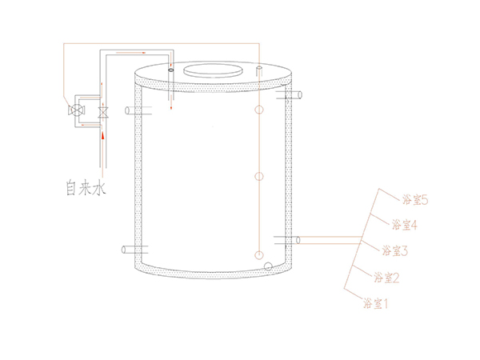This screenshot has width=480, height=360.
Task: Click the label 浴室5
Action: [414, 200]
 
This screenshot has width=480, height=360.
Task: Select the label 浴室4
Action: [404, 225]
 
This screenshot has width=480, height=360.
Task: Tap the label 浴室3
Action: [395, 250]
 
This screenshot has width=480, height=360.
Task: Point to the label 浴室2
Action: [386, 278]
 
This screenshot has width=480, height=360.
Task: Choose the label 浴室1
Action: [376, 303]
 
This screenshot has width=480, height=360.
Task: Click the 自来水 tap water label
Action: [86, 188]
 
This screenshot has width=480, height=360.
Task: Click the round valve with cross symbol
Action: [76, 110]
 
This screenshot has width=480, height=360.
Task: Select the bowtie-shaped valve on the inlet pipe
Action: [103, 112]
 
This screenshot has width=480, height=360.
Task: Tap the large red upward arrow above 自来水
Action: [103, 136]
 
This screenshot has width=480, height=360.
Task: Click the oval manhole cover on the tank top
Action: [213, 70]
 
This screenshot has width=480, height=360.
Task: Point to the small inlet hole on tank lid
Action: [171, 70]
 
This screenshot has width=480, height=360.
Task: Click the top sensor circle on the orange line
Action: [259, 110]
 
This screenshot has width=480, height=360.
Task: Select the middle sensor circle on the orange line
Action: [259, 176]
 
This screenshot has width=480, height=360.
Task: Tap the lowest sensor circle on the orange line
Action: [259, 254]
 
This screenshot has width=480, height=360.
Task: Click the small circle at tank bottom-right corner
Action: [268, 266]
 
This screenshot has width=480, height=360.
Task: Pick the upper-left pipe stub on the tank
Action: [138, 110]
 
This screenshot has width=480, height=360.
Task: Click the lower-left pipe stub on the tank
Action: [135, 250]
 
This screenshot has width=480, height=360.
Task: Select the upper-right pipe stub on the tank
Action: [289, 95]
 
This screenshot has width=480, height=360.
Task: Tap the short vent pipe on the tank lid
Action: [259, 70]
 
